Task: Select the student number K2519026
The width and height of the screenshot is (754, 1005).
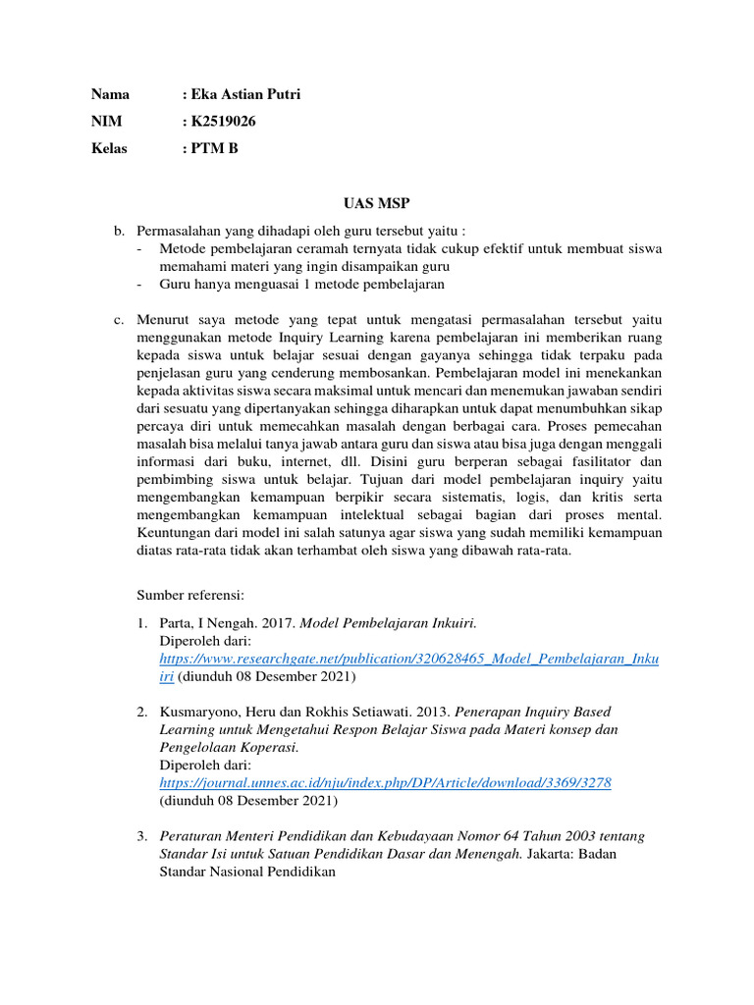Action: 225,122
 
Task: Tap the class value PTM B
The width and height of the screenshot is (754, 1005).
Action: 214,148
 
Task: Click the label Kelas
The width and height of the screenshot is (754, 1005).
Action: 109,148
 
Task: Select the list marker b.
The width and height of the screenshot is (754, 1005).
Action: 119,231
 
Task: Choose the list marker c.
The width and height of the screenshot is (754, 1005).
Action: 119,320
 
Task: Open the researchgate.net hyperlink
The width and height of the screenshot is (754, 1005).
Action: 408,659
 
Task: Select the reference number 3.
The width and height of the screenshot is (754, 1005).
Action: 141,835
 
